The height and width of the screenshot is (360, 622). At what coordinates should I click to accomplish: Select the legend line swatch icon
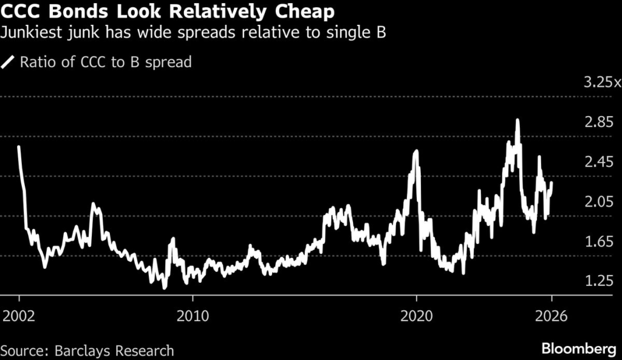click(x=9, y=62)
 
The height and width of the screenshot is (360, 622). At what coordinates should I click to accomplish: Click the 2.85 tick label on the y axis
click(x=598, y=123)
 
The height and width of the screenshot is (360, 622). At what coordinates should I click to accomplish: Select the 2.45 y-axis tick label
click(x=598, y=162)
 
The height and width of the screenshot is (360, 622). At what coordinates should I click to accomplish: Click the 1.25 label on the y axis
click(x=598, y=281)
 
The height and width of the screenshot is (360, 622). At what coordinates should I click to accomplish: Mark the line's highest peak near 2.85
click(x=517, y=120)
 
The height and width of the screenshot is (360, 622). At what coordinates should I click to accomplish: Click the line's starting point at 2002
click(x=19, y=147)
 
